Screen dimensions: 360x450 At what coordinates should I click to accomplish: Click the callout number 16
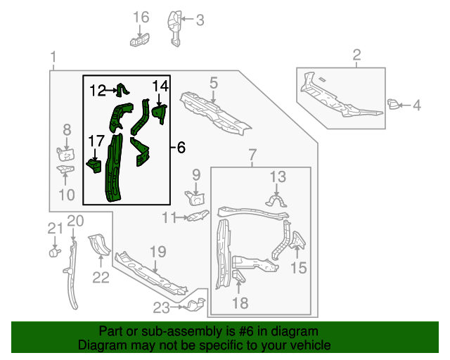pos(141,17)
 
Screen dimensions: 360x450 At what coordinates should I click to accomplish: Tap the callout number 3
pos(200,20)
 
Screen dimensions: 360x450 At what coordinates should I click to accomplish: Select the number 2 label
pos(356,55)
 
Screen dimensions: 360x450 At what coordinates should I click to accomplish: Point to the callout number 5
pos(213,84)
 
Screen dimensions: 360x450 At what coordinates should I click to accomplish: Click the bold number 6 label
pos(181,148)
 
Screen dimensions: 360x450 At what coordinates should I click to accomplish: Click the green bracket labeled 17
pos(94,165)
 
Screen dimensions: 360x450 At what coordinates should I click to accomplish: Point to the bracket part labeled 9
pos(195,197)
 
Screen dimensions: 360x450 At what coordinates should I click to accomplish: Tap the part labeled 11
pos(199,216)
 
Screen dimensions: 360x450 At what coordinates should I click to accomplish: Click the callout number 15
pos(299,267)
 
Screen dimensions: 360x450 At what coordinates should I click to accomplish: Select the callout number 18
pos(240,303)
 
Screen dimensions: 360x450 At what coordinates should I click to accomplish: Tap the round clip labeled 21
pos(52,250)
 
